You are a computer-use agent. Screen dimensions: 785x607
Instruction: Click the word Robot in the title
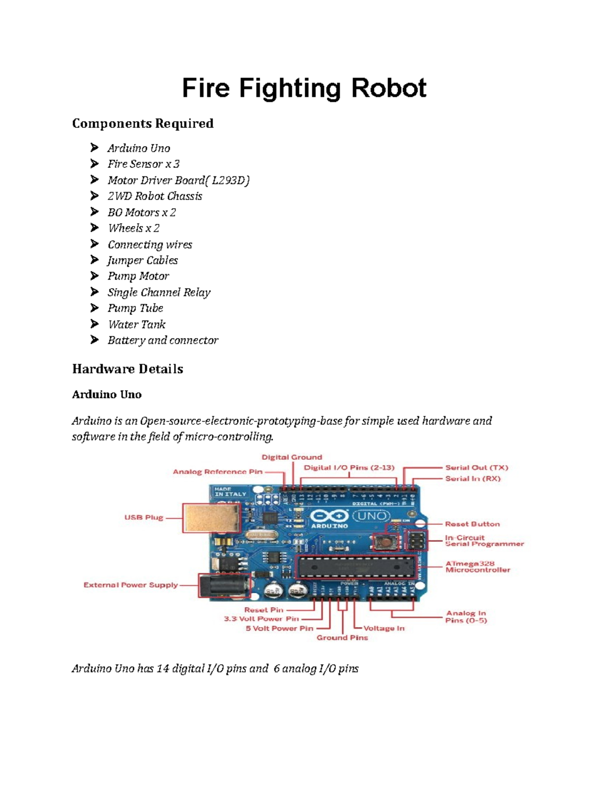[388, 88]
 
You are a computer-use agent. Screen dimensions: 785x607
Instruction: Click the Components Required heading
[143, 124]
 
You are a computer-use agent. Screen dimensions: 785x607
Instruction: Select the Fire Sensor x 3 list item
[143, 164]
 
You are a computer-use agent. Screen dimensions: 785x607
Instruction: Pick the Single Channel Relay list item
[159, 292]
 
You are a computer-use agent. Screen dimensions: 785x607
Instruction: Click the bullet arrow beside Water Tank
[95, 324]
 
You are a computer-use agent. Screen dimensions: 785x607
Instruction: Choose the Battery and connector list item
[163, 340]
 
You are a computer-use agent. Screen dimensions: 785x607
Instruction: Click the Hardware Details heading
[127, 369]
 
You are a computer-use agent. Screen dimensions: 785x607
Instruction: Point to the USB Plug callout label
[144, 518]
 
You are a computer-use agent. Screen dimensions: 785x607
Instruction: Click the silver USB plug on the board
[211, 518]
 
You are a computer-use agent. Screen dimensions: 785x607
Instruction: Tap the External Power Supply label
[131, 585]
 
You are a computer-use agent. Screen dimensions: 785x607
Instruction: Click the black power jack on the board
[223, 586]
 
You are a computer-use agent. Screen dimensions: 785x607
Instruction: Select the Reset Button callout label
[472, 524]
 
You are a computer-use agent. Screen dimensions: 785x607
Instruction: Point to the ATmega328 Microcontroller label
[478, 567]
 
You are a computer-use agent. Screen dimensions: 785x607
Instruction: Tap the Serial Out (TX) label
[476, 468]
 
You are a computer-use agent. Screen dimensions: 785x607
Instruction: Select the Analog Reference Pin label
[218, 472]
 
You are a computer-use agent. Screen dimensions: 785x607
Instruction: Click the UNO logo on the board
[372, 516]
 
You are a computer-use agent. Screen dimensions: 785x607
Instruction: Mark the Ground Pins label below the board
[342, 638]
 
